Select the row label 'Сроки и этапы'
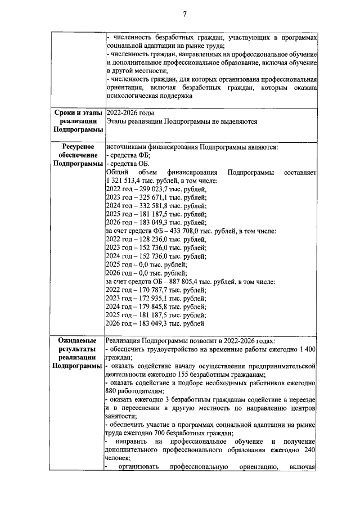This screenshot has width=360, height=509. (77, 113)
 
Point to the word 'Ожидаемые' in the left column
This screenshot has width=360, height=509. (77, 341)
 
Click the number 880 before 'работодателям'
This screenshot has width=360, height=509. (111, 391)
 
